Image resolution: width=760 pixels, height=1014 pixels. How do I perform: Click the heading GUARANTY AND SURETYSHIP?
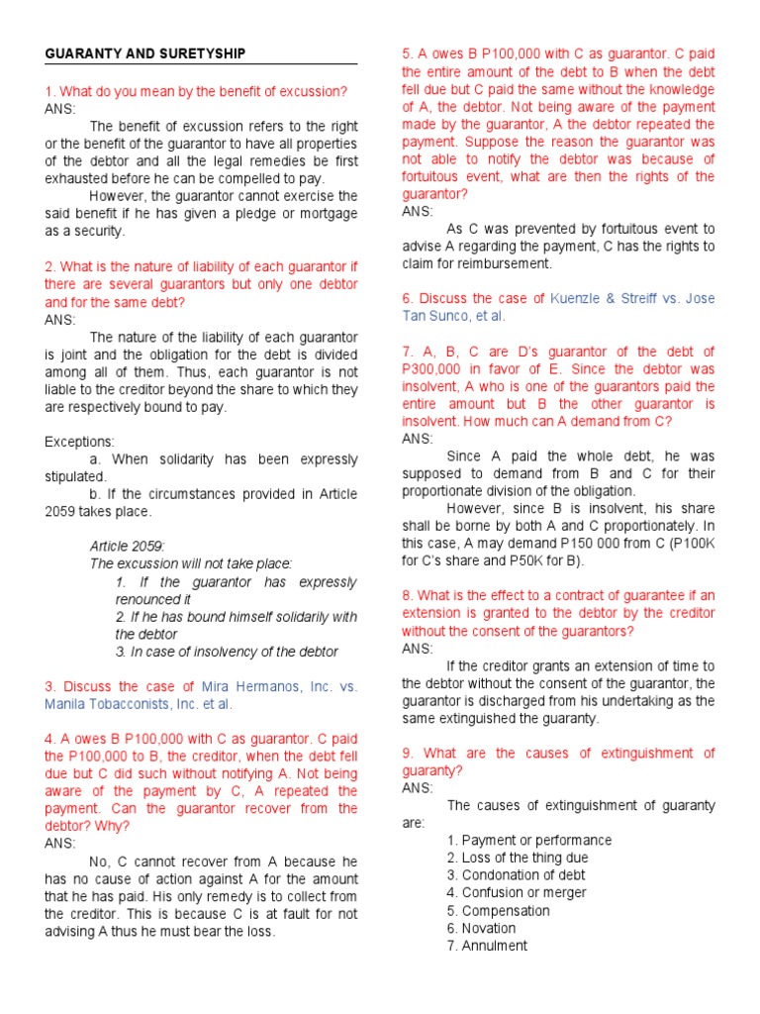tap(145, 53)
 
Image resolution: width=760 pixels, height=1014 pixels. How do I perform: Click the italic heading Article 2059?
tap(128, 547)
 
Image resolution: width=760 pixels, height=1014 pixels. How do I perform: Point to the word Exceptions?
tap(79, 442)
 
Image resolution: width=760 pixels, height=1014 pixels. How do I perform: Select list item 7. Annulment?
tap(487, 946)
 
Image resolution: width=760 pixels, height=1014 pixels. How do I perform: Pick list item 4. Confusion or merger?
tap(516, 892)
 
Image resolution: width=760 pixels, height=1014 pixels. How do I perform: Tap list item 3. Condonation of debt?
tap(516, 875)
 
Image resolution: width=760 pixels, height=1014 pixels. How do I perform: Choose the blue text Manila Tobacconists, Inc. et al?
tap(139, 704)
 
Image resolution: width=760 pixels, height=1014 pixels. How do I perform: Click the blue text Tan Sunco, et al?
tap(453, 316)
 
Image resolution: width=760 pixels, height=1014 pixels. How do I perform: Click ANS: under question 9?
tap(417, 788)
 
